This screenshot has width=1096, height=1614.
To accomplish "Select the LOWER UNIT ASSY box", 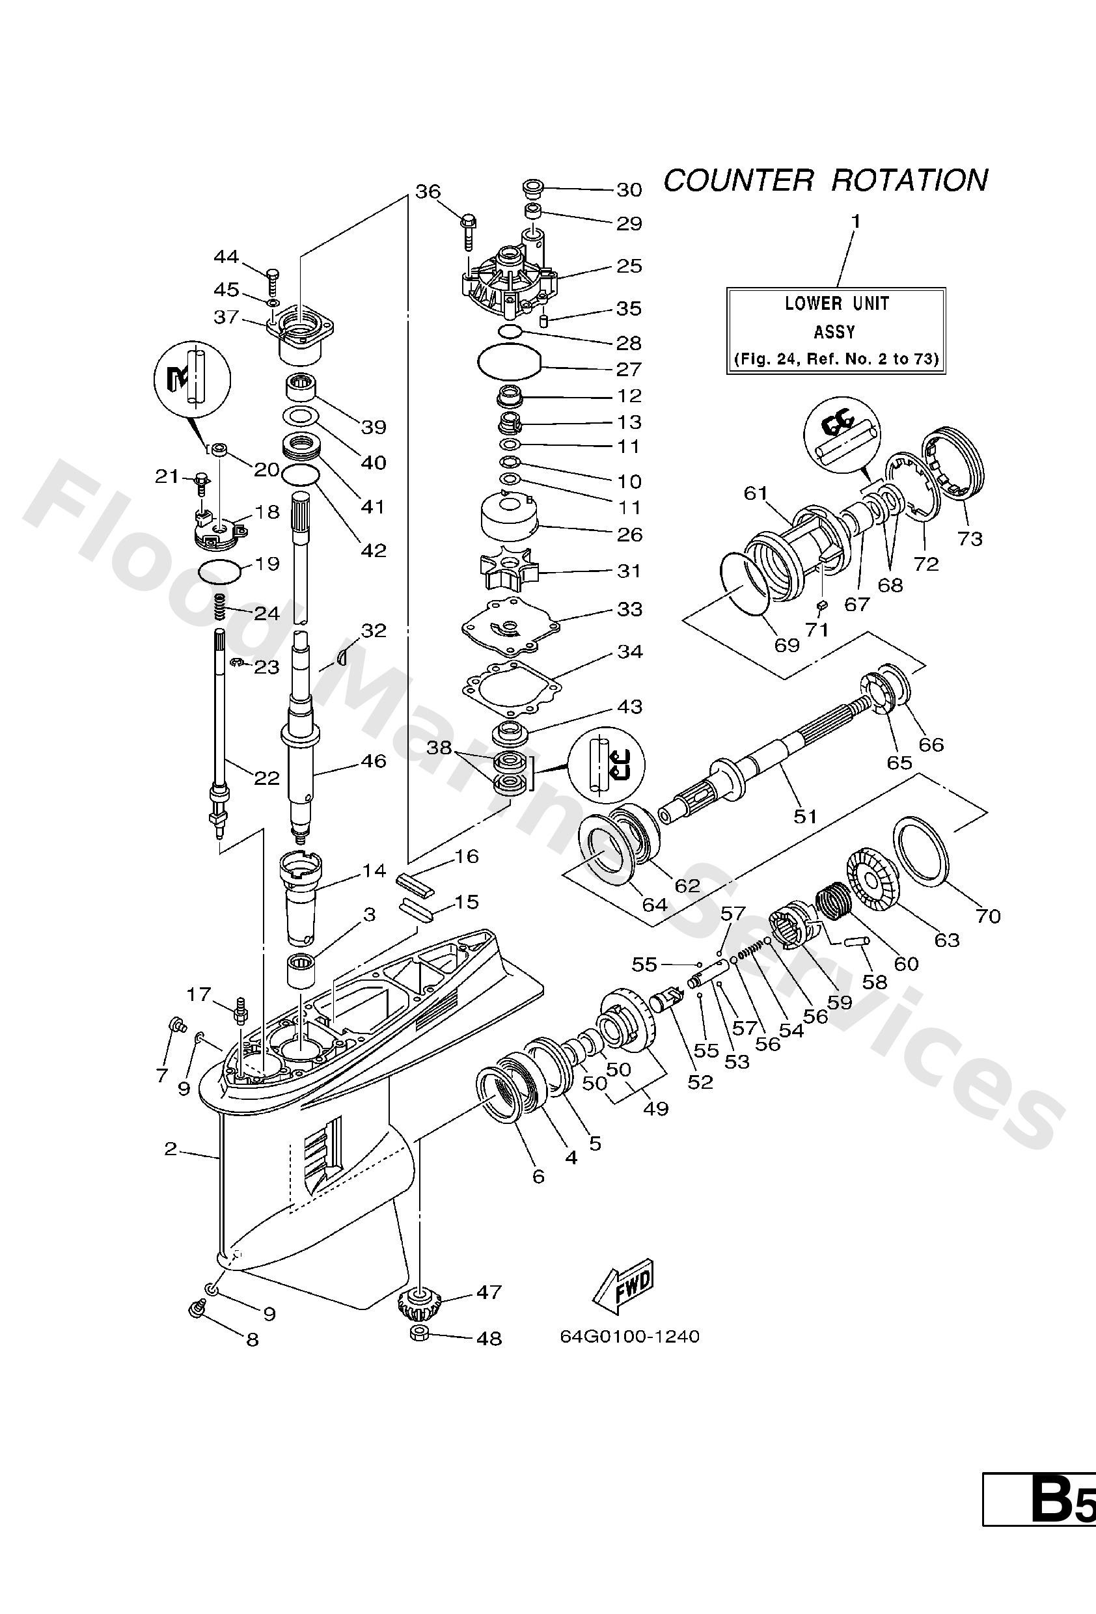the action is tap(836, 331).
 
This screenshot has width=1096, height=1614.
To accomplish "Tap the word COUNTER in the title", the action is tap(737, 180).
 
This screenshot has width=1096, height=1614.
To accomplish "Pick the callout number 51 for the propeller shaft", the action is tap(804, 816).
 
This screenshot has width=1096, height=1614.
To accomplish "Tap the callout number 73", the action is tap(970, 538).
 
